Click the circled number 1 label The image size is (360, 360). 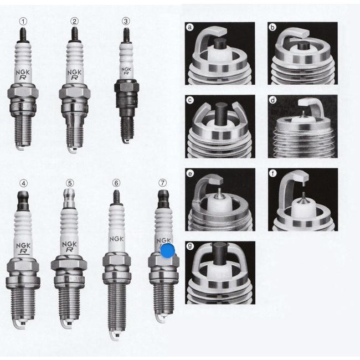click(23, 22)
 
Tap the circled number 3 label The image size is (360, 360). click(126, 21)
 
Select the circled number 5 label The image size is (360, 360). click(70, 183)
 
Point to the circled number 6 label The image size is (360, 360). click(116, 183)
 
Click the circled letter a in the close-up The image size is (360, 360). click(190, 27)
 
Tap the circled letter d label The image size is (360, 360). click(272, 100)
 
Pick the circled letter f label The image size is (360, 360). click(272, 173)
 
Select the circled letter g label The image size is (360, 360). click(190, 246)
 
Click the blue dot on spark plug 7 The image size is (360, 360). click(167, 251)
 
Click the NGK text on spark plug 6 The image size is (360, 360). click(116, 239)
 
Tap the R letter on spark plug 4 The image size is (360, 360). click(23, 251)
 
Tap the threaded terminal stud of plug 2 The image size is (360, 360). click(75, 34)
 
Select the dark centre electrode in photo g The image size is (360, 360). click(220, 252)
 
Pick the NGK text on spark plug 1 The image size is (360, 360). click(23, 72)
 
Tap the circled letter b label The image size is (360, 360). click(272, 27)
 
